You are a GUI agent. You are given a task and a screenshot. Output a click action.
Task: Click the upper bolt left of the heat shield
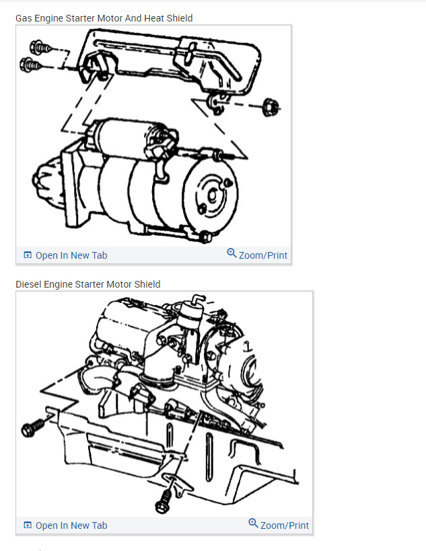point(40,47)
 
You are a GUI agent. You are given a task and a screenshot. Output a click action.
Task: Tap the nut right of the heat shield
point(271,108)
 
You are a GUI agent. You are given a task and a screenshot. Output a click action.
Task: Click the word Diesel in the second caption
point(28,284)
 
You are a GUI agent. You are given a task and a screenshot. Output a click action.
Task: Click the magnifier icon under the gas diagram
point(232,253)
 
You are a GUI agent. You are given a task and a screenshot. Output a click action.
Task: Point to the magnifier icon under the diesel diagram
point(253,523)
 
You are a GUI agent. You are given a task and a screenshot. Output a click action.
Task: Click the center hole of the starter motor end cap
point(212,196)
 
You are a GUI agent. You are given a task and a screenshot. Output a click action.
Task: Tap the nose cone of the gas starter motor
point(48,182)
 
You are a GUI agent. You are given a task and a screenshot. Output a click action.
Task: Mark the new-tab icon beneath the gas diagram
point(28,255)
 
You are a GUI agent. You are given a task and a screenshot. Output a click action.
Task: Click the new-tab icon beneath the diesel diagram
point(28,525)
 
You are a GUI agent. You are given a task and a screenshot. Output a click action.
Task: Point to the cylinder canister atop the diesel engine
point(190,315)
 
